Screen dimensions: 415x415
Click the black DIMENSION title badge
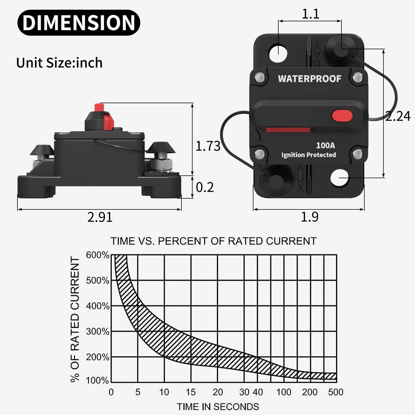click(79, 23)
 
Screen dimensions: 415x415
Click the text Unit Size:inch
click(59, 63)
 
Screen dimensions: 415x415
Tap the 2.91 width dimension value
click(100, 217)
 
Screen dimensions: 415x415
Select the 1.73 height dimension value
click(208, 146)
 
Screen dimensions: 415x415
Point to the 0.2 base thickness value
click(205, 188)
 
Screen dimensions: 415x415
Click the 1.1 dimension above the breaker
click(310, 14)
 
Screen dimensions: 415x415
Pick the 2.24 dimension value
click(398, 116)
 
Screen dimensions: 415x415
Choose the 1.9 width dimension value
click(310, 217)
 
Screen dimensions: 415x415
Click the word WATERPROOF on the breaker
click(310, 79)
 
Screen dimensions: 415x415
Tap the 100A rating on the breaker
click(325, 145)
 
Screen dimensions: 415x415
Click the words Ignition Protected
click(308, 155)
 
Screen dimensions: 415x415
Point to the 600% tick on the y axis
click(97, 255)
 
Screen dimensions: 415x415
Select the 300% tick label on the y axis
click(97, 331)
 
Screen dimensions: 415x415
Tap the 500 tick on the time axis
click(336, 392)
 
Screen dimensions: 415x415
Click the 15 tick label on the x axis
click(191, 392)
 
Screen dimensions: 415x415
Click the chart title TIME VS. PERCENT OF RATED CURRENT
click(213, 241)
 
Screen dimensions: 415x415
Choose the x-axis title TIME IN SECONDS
click(218, 407)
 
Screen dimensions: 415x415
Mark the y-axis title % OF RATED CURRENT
click(75, 319)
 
